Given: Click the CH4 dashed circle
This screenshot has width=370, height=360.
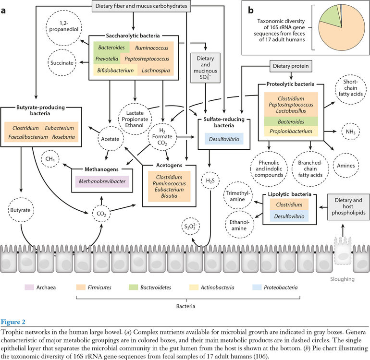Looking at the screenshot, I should pos(49,158).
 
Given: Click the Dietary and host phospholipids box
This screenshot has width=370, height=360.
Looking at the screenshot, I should pos(345,207).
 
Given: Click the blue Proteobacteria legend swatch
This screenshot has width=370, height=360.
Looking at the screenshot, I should pos(256,288).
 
